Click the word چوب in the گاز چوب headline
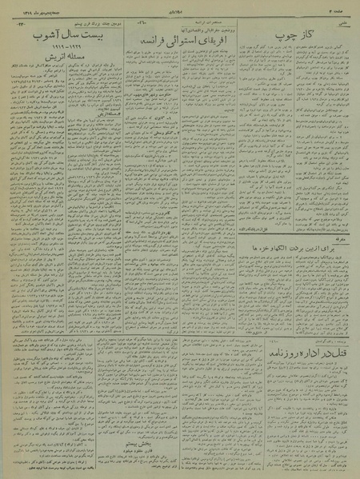tap(286, 38)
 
